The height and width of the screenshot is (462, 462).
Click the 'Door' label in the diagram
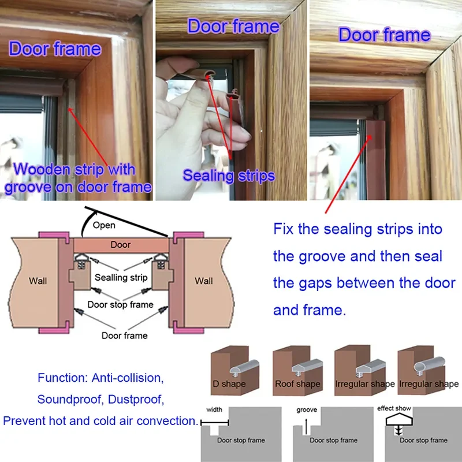120,245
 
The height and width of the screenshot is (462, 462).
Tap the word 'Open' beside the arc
104,225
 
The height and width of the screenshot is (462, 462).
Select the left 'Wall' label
38,281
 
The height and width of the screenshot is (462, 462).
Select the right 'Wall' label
203,281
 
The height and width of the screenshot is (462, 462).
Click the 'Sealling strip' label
121,278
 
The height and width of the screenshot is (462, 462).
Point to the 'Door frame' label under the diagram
124,335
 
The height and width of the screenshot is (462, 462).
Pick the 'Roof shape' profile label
297,384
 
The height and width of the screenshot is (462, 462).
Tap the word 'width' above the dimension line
214,410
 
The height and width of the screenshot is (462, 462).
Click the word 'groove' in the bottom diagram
307,410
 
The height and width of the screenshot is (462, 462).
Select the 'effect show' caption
394,409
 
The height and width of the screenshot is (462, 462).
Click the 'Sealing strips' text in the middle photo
229,176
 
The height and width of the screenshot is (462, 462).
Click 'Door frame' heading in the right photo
385,35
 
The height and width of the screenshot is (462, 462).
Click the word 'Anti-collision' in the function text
125,379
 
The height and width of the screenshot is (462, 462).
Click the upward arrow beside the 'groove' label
304,424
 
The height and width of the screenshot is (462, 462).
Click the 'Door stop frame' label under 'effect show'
423,441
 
